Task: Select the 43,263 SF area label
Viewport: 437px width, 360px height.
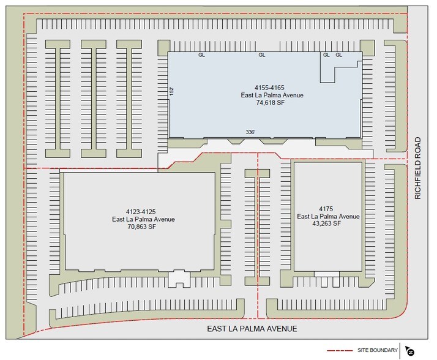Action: point(327,224)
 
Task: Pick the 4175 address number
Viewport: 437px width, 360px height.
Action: point(327,208)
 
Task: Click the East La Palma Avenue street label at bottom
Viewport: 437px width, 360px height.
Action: point(251,329)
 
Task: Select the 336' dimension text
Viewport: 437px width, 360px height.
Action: point(250,132)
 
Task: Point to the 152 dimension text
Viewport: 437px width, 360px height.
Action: point(172,91)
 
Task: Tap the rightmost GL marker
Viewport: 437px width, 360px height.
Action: point(339,55)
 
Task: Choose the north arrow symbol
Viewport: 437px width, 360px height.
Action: point(409,351)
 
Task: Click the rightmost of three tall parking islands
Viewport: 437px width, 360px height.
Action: point(130,97)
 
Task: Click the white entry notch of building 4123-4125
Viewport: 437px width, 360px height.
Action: point(179,279)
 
